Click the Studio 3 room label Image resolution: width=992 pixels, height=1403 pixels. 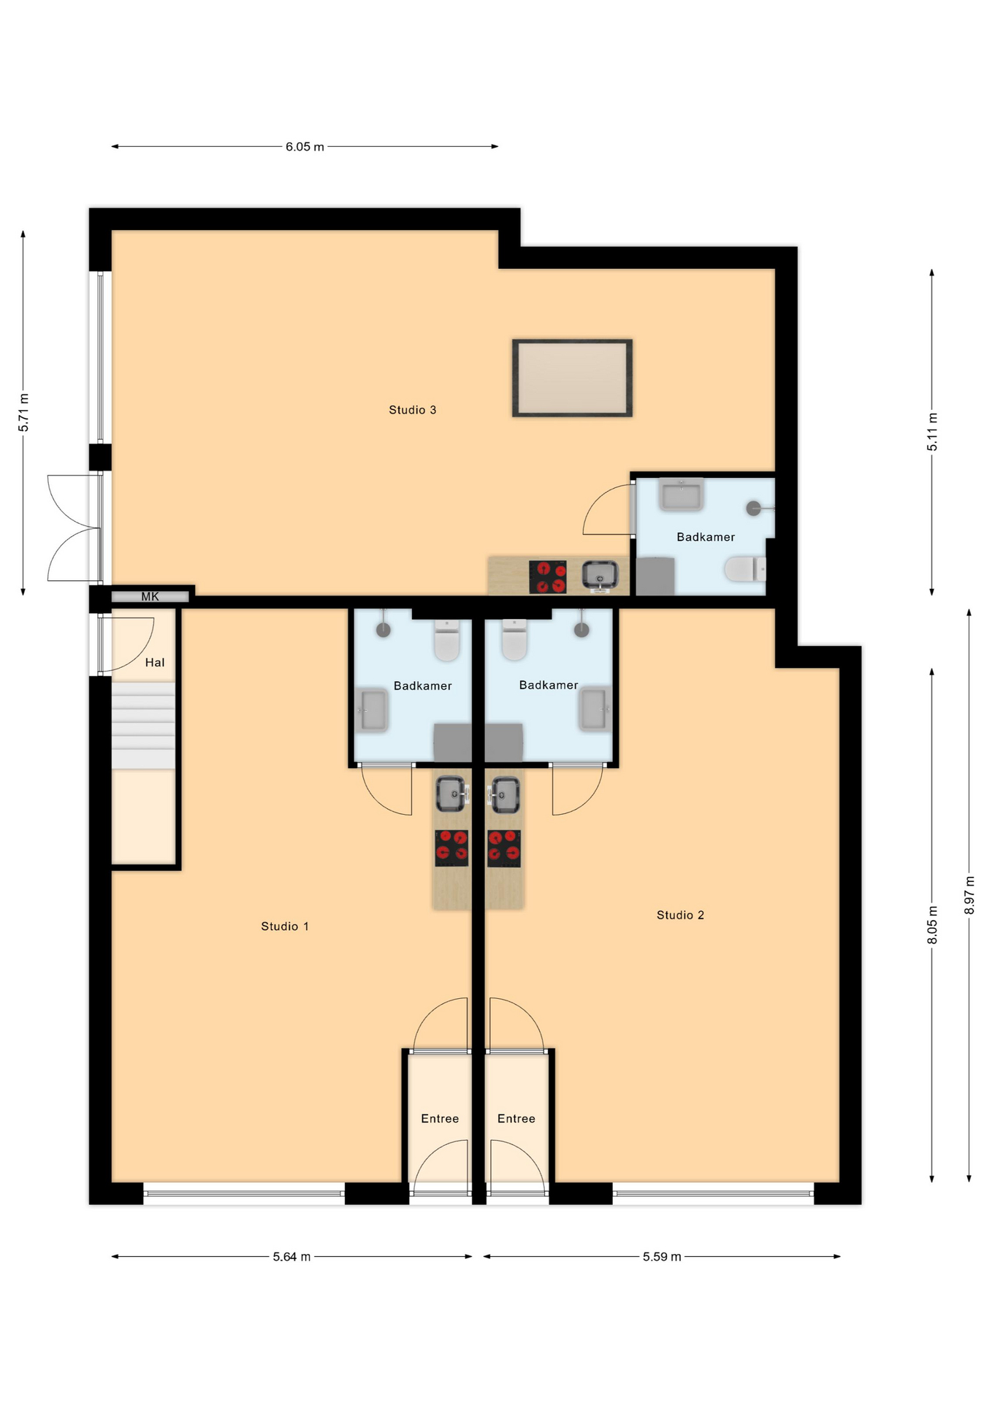pos(412,410)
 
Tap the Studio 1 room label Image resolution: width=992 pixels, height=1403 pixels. pos(285,926)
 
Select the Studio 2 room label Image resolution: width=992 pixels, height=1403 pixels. pos(680,915)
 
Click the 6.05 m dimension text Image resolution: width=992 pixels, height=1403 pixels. pos(305,147)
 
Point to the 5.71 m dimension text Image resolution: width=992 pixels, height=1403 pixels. pos(24,412)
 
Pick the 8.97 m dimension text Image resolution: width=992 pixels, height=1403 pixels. pos(969,895)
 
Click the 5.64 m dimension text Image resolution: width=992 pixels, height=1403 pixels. pos(291,1257)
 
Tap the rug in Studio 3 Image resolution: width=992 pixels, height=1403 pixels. pos(572,378)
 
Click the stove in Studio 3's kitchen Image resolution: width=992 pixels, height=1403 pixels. pos(548,577)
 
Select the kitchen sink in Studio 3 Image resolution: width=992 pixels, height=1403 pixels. pos(600,576)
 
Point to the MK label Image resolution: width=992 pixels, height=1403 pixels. pos(150,597)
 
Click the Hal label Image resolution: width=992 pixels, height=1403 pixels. pos(155,663)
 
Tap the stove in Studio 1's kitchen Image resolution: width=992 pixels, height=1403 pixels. pos(451,848)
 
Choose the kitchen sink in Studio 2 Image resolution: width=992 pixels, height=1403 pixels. pos(504,794)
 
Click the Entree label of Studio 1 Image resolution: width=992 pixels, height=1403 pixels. pos(440,1119)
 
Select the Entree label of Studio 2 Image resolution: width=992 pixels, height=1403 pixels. pos(516,1119)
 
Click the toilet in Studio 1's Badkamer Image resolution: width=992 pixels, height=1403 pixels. pos(447,640)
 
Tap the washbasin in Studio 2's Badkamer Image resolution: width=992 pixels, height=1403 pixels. pos(594,708)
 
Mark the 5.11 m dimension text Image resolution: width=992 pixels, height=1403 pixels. pos(933,432)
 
